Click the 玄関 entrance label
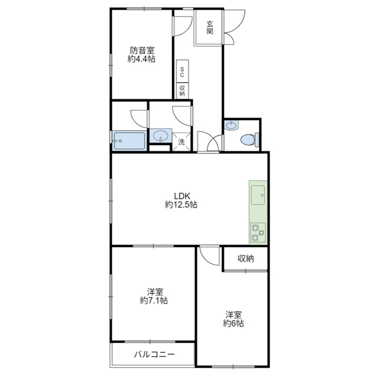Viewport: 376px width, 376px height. [210, 28]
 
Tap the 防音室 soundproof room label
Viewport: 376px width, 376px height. [142, 51]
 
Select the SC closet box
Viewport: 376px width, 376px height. [183, 71]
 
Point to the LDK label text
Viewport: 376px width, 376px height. [182, 196]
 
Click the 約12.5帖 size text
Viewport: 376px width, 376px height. [182, 205]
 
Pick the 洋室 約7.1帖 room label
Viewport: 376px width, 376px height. [154, 296]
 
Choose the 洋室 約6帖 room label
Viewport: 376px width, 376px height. [233, 318]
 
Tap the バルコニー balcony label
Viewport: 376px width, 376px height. [154, 354]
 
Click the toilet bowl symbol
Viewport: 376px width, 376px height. [250, 140]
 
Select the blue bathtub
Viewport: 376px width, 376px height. [129, 140]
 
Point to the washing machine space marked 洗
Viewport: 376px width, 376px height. [182, 142]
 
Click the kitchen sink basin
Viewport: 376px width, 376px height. [258, 195]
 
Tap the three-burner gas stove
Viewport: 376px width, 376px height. [258, 233]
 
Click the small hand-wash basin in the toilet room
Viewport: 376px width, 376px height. [231, 125]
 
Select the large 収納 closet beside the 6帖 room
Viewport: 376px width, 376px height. [246, 258]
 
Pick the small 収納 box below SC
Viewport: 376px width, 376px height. [183, 90]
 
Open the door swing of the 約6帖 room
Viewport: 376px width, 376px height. [210, 256]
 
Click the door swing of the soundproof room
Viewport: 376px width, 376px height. [183, 26]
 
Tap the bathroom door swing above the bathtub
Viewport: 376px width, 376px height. [139, 119]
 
